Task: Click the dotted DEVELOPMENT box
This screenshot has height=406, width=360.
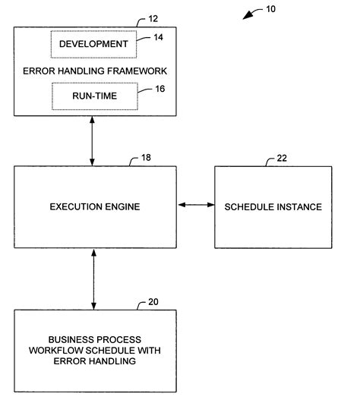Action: coord(93,44)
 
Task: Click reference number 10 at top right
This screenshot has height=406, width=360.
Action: coord(271,10)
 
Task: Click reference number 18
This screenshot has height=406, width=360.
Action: coord(146,159)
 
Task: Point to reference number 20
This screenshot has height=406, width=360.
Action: coord(153,302)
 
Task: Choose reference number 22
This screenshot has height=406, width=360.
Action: coord(280,159)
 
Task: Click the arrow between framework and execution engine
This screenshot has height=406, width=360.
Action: coord(93,141)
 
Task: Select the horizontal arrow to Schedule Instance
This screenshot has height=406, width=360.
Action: coord(194,205)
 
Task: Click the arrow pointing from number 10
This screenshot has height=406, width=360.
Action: coord(251,16)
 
